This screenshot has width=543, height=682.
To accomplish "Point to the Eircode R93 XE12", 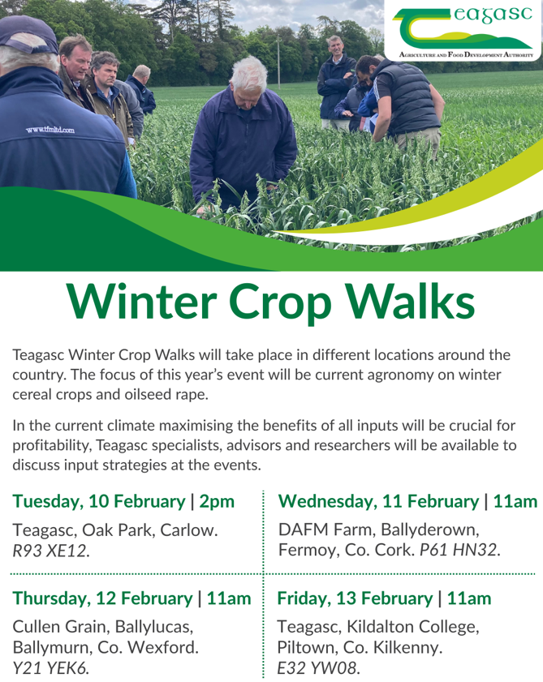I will (51, 551).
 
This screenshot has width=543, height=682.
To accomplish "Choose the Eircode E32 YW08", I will (319, 668).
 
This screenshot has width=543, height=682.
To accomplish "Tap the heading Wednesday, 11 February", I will (378, 501).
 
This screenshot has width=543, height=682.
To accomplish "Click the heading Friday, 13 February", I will (355, 599).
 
